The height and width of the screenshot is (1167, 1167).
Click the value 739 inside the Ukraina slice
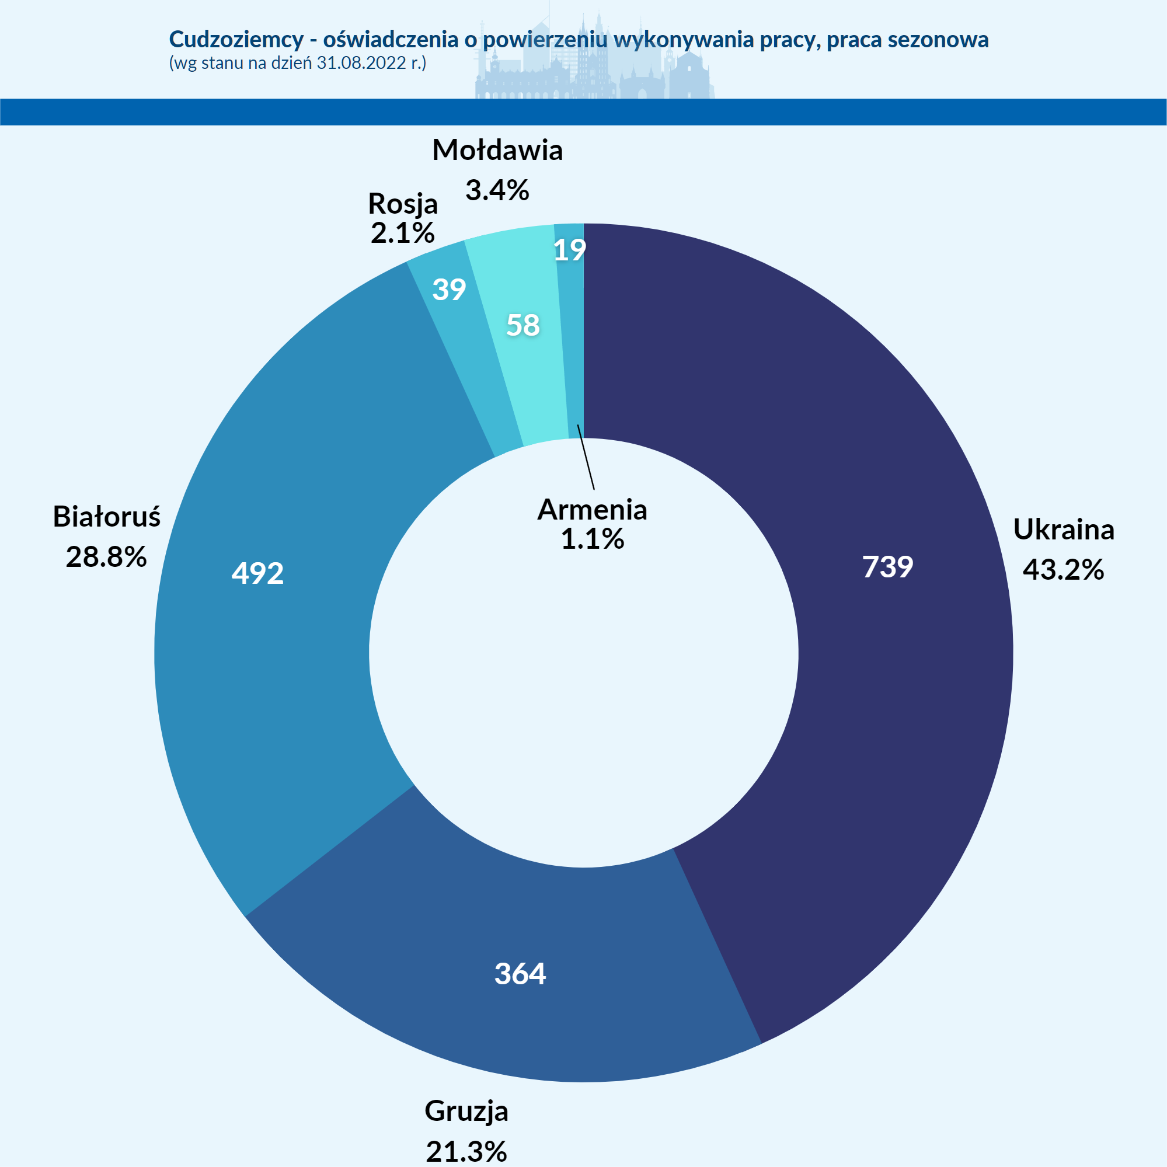click(887, 567)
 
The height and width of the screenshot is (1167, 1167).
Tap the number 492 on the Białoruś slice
click(257, 573)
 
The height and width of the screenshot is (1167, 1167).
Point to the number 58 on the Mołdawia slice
click(522, 326)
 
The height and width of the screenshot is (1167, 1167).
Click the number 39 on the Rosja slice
click(449, 290)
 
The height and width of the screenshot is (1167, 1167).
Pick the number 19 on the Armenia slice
click(570, 250)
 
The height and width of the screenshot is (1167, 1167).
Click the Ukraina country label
click(1063, 529)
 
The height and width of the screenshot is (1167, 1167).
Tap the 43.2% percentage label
click(1063, 570)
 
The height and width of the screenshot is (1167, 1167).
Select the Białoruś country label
click(107, 517)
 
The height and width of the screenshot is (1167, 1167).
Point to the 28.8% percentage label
click(106, 557)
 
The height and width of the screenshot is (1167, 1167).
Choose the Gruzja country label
click(466, 1110)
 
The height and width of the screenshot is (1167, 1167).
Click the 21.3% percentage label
click(466, 1151)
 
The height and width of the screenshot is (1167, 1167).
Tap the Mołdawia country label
click(497, 151)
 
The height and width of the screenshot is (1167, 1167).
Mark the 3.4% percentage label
click(497, 190)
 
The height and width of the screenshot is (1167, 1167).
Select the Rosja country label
click(403, 204)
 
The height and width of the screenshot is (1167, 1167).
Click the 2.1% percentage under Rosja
click(402, 233)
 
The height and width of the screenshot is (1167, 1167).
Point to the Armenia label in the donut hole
click(592, 510)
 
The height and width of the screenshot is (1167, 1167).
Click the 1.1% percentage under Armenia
click(592, 539)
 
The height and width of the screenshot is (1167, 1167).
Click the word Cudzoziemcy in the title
click(236, 39)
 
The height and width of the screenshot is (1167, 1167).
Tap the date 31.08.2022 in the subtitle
click(361, 63)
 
